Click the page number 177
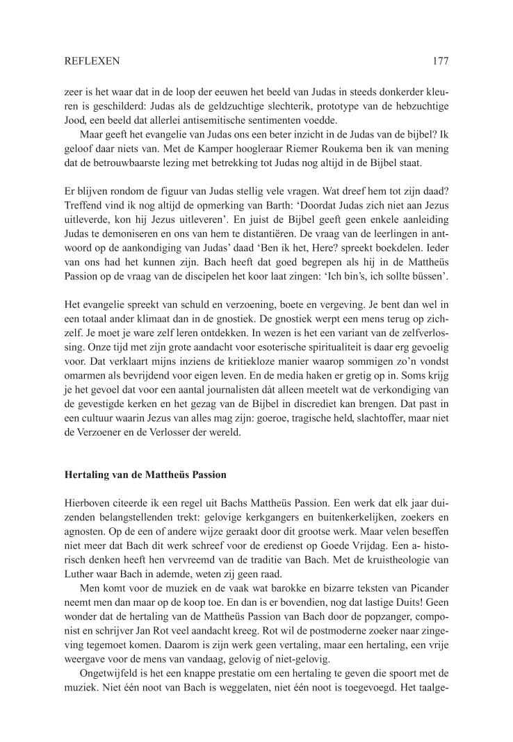coord(440,61)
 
